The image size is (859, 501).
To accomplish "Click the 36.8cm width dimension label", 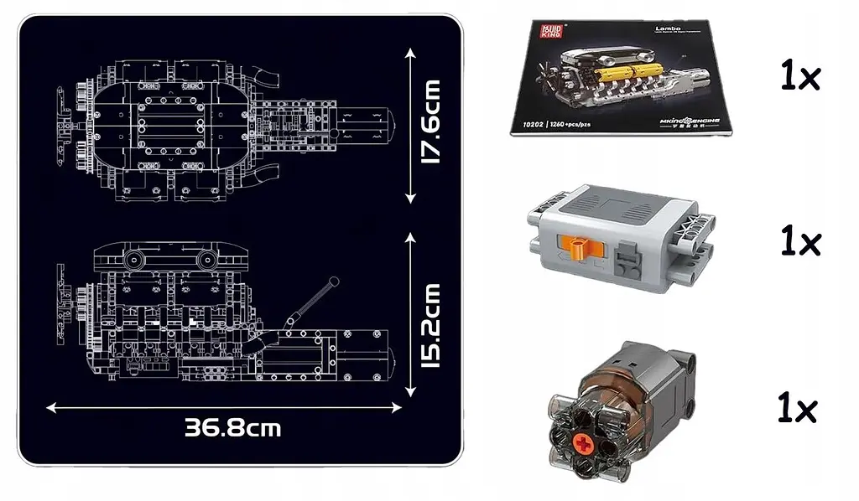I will pos(233,428).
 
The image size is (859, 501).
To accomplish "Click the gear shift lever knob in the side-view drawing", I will pos(335,281).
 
